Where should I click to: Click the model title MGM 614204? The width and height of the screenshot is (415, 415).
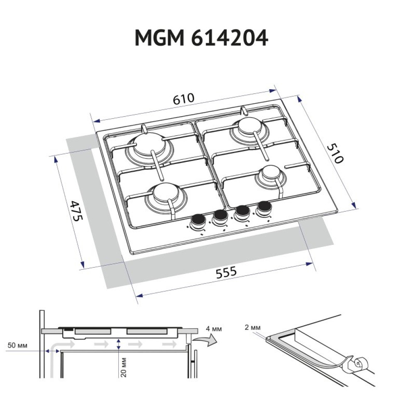click(x=201, y=39)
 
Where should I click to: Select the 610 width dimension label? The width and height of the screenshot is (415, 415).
click(x=183, y=99)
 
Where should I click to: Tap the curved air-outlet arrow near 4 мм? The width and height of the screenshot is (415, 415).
click(x=206, y=342)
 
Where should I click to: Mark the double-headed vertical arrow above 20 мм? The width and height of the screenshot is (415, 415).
click(x=119, y=344)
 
